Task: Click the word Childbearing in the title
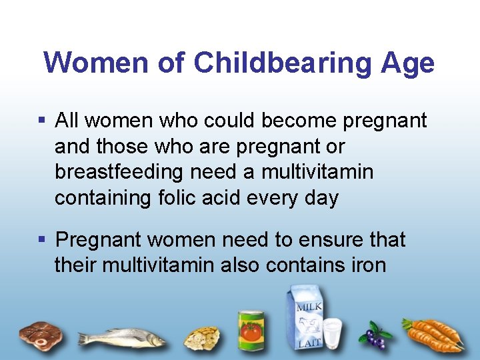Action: click(283, 63)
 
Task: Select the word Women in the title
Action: click(93, 63)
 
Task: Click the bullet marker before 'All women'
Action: click(41, 121)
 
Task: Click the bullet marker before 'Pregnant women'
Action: click(41, 239)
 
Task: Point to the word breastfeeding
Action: click(119, 172)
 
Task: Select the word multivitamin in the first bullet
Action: click(317, 172)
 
